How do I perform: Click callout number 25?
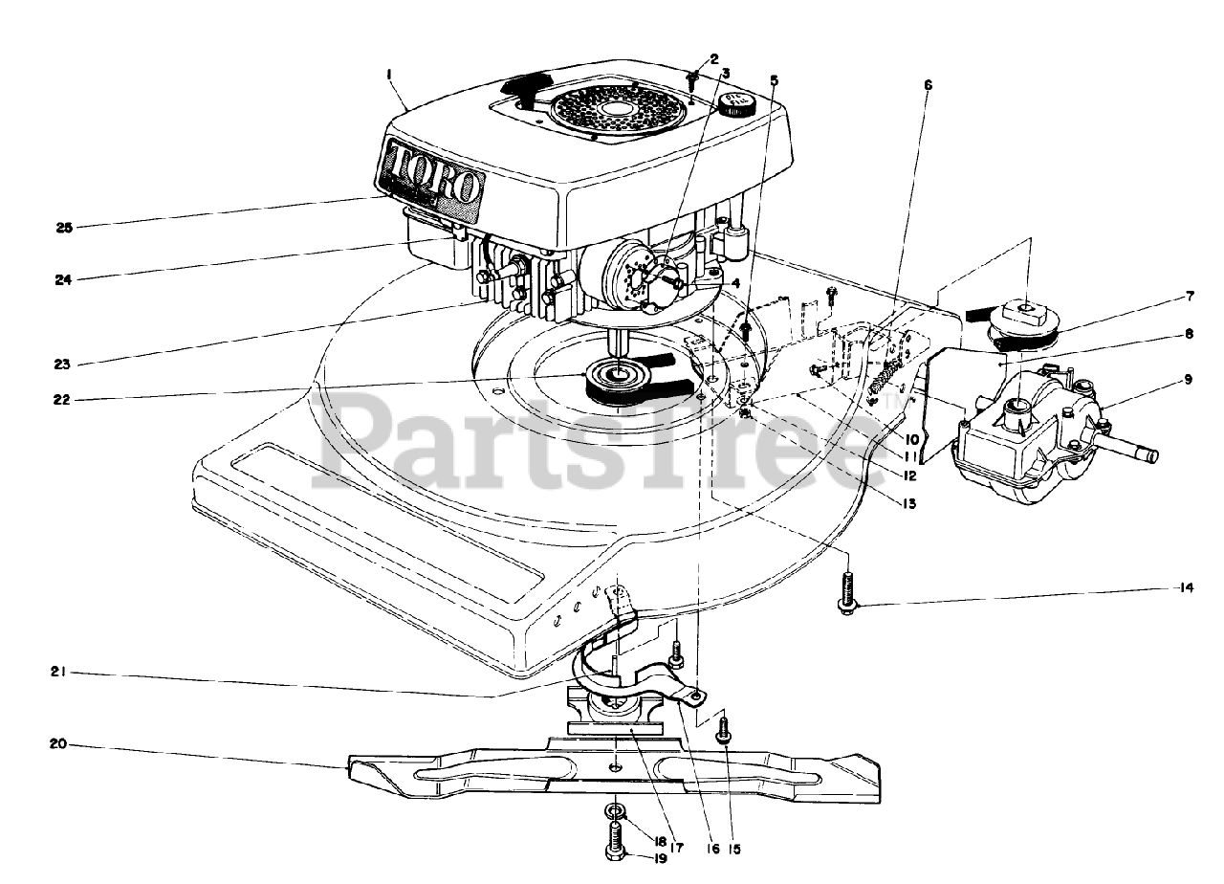pos(63,228)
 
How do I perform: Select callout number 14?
pos(1187,588)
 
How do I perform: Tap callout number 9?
pos(1188,380)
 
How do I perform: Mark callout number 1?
pos(390,73)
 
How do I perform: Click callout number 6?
pos(927,84)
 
